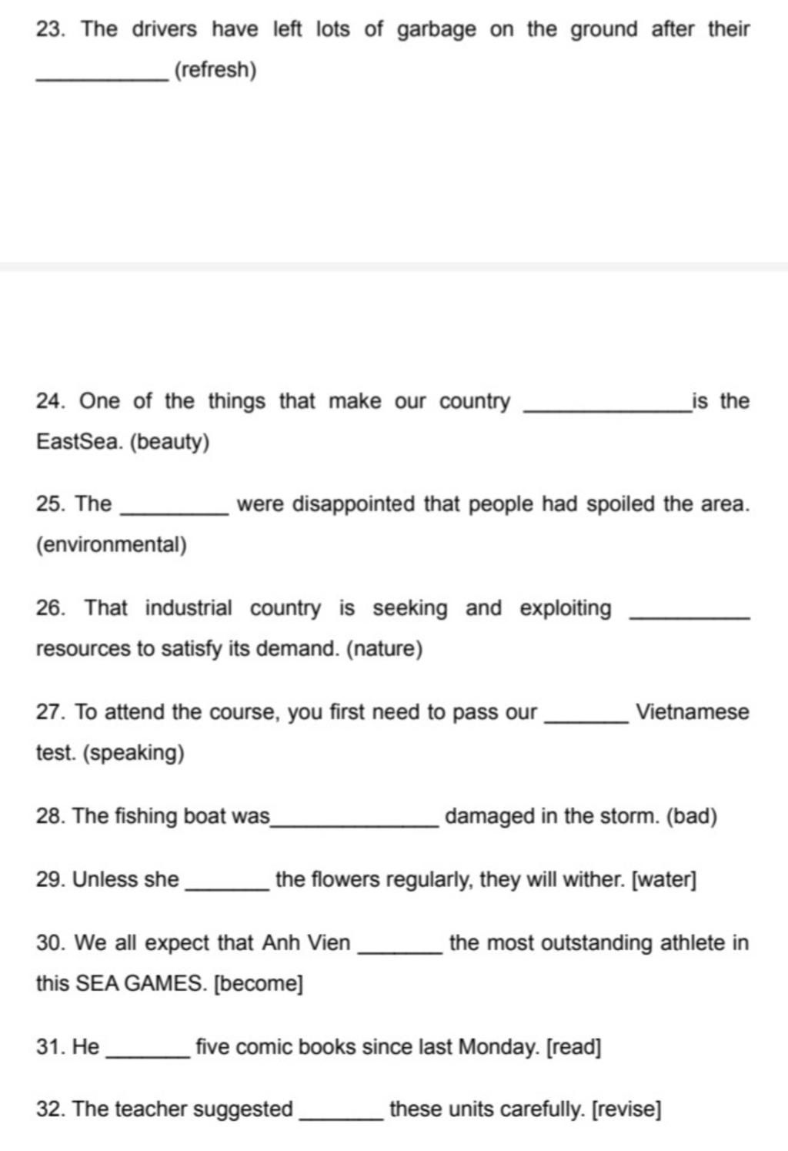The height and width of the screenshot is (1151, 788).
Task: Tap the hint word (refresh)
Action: point(215,71)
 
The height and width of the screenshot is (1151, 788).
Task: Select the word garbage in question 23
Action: point(436,30)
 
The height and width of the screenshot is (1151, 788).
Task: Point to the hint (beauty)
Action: point(169,443)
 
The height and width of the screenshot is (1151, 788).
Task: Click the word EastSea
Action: point(79,443)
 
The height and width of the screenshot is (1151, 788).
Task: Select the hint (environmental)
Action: point(112,546)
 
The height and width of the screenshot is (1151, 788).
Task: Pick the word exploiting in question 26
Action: point(566,608)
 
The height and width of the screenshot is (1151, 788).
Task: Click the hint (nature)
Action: point(385,650)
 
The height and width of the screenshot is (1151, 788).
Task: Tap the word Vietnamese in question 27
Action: point(693,712)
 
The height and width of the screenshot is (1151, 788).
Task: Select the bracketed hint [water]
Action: point(663,879)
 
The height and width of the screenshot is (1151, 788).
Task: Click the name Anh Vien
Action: point(306,943)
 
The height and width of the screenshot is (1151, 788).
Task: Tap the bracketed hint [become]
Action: point(258,984)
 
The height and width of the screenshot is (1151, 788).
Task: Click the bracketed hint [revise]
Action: point(626,1110)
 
